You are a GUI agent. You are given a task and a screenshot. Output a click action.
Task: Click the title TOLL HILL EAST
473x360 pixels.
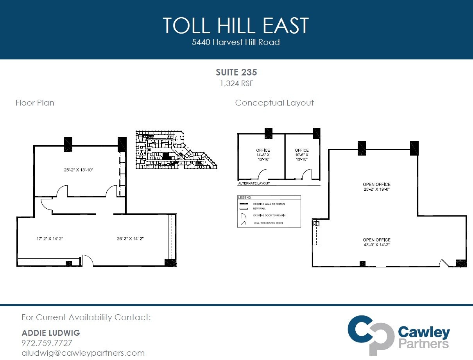pos(236,25)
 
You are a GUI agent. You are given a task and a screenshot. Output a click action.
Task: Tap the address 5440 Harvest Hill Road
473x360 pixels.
pos(236,42)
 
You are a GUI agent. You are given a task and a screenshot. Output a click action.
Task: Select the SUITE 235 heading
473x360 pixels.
pos(236,72)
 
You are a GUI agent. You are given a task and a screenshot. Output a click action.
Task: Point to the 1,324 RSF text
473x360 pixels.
pos(236,83)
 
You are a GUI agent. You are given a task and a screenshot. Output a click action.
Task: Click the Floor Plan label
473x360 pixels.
pos(35,103)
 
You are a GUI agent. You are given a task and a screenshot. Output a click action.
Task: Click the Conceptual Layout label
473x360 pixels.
pos(274,103)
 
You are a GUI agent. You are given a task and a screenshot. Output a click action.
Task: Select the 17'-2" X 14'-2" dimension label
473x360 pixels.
pos(47,238)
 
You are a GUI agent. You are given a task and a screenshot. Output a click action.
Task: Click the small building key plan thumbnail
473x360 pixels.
pos(176,150)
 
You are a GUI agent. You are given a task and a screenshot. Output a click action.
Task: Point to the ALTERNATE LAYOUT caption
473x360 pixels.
pos(254,183)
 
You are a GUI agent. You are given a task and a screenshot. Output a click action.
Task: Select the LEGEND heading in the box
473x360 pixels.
pos(244,198)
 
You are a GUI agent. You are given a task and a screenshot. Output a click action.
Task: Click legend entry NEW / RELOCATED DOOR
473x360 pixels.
pos(268,223)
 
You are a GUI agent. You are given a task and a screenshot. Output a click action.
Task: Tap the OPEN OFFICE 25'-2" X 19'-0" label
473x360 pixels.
pos(376,187)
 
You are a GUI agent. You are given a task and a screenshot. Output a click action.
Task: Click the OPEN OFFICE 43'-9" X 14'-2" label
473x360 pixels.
pos(376,242)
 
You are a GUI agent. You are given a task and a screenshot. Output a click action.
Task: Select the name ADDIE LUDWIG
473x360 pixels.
pos(51,333)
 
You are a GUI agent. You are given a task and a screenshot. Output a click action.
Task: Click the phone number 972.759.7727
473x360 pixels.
pos(47,343)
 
